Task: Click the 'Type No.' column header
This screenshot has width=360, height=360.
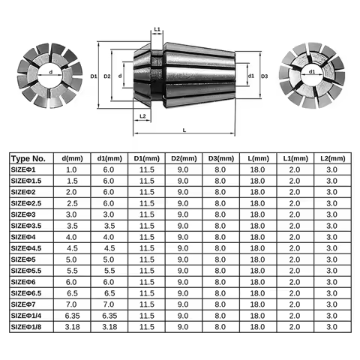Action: click(29, 159)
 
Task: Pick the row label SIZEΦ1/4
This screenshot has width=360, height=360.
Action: click(31, 316)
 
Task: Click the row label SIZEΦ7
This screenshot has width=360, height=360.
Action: click(27, 305)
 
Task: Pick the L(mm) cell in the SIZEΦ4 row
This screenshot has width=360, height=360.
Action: click(259, 238)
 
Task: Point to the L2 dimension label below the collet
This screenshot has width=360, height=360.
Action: click(143, 116)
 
